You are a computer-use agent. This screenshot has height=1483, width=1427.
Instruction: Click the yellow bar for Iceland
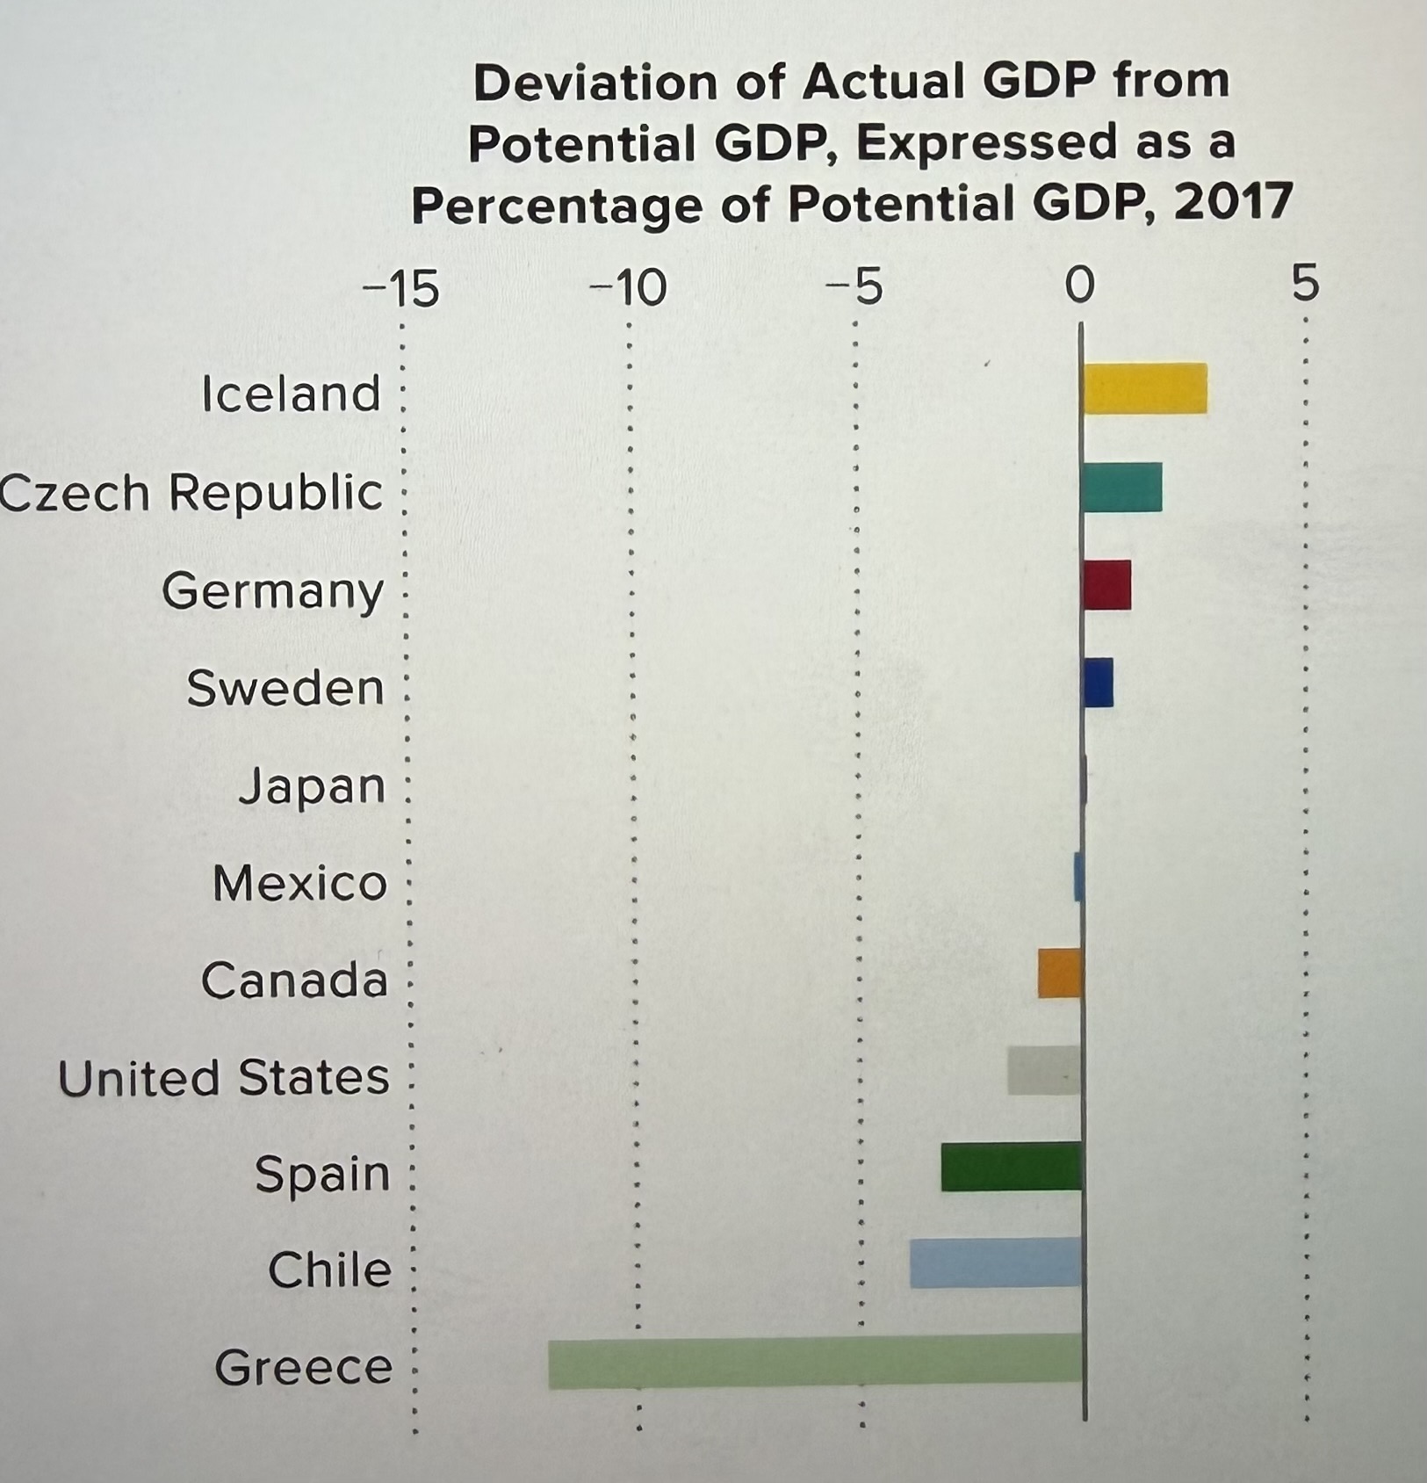[1144, 388]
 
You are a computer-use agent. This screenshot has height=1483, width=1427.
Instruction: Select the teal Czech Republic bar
[1121, 488]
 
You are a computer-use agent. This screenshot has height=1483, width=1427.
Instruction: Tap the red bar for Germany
[1106, 585]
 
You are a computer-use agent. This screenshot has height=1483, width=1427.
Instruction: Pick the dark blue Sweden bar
[1098, 683]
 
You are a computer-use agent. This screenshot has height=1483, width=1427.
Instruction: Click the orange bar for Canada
[1060, 973]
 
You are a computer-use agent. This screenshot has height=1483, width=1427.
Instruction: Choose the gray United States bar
[1044, 1070]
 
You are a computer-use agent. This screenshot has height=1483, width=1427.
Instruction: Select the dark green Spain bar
[1012, 1167]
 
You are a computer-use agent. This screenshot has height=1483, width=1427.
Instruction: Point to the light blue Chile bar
[996, 1263]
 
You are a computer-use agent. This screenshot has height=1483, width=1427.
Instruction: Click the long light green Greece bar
[815, 1362]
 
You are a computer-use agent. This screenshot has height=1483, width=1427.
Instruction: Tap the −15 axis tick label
[400, 288]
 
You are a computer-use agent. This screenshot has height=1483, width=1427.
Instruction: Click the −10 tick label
[628, 288]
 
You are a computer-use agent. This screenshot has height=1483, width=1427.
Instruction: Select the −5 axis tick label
[854, 288]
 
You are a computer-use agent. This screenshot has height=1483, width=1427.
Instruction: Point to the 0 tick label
[1080, 286]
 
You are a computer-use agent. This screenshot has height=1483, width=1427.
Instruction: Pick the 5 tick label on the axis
[1306, 284]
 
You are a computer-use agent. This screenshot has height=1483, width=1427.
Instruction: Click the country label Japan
[312, 786]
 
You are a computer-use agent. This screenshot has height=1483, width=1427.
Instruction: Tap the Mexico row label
[299, 883]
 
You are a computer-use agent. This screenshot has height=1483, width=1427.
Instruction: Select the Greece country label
[303, 1367]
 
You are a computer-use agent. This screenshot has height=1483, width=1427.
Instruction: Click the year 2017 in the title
[1232, 202]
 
